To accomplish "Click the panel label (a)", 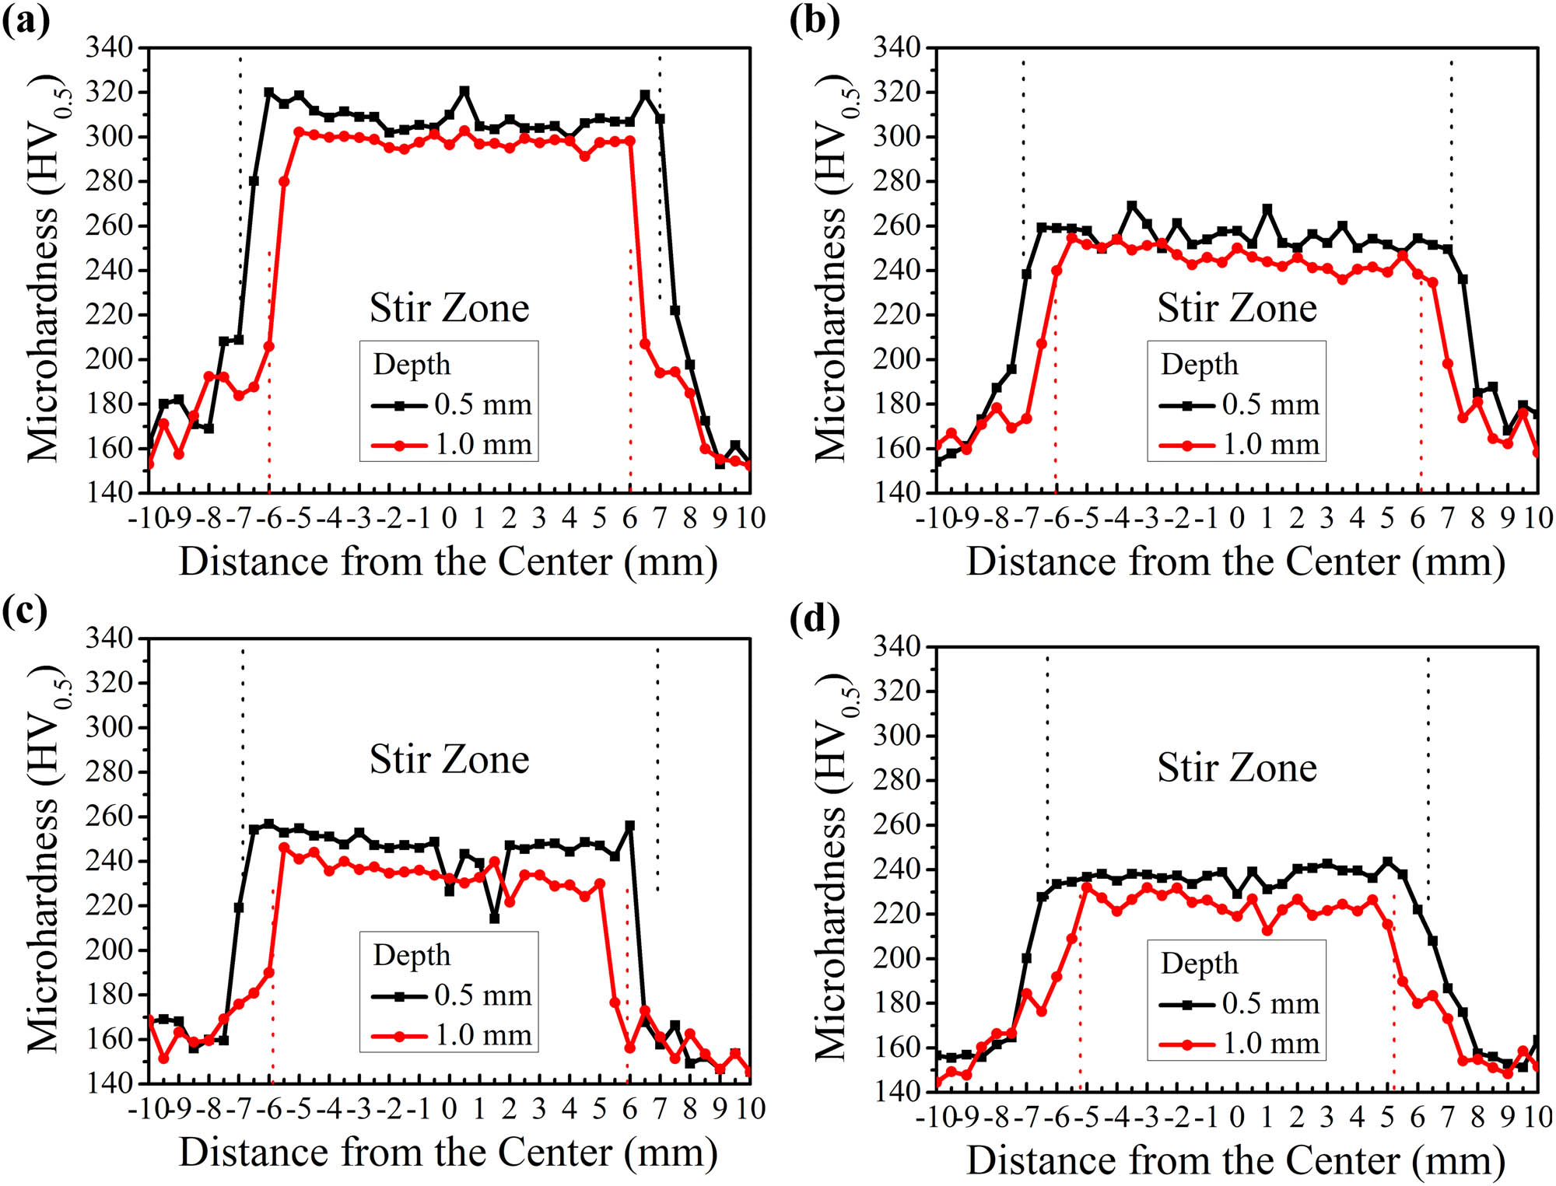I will pyautogui.click(x=26, y=19).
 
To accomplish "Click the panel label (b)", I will pyautogui.click(x=815, y=19).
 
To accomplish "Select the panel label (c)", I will pyautogui.click(x=25, y=611).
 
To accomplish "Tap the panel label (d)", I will pyautogui.click(x=815, y=619).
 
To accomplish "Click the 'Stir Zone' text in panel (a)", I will pyautogui.click(x=449, y=308).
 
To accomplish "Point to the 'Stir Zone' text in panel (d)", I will pyautogui.click(x=1236, y=768).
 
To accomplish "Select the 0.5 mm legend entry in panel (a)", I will pyautogui.click(x=451, y=404).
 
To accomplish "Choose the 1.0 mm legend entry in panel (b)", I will pyautogui.click(x=1239, y=445).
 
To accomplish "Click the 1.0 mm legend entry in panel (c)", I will pyautogui.click(x=451, y=1035).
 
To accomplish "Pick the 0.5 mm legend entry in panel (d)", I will pyautogui.click(x=1239, y=1003).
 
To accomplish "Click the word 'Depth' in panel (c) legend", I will pyautogui.click(x=412, y=955).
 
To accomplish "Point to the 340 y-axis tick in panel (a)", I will pyautogui.click(x=110, y=47).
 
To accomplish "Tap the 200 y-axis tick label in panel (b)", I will pyautogui.click(x=897, y=359).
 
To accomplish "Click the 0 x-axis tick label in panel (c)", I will pyautogui.click(x=449, y=1108).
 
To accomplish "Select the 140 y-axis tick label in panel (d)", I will pyautogui.click(x=897, y=1091).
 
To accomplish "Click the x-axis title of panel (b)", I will pyautogui.click(x=1235, y=562).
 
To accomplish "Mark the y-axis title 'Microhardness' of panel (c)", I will pyautogui.click(x=44, y=925).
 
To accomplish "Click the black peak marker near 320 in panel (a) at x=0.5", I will pyautogui.click(x=464, y=92).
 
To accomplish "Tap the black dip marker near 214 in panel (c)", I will pyautogui.click(x=494, y=918).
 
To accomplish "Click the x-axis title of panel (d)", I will pyautogui.click(x=1235, y=1161).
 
